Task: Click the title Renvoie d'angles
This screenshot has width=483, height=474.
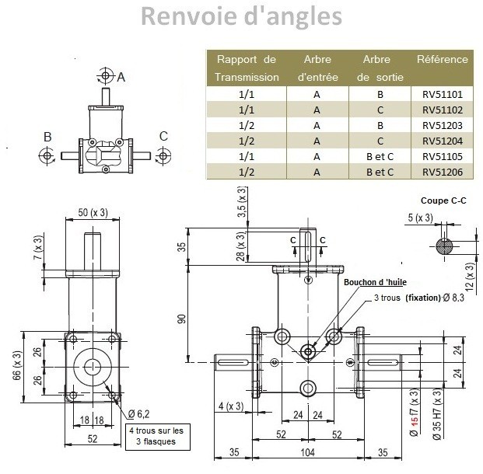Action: point(241,16)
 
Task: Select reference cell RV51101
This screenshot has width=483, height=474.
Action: point(442,93)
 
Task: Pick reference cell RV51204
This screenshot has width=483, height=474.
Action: point(442,141)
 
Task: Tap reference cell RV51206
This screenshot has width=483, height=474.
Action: point(442,172)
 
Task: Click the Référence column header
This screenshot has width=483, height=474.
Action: point(442,59)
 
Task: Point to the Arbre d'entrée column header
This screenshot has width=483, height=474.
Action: point(317,68)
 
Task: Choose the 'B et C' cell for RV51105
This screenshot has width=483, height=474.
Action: point(380,156)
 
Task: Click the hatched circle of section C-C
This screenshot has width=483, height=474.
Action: point(445,246)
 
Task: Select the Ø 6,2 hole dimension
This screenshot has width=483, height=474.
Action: point(140,413)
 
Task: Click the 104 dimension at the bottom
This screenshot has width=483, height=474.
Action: point(309,451)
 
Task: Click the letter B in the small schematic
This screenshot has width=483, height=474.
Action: point(47,137)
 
